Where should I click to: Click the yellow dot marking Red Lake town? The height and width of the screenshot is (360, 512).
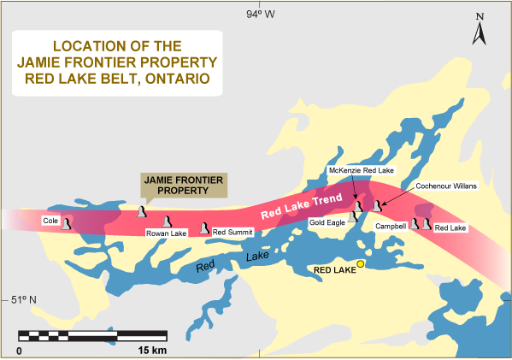(360, 264)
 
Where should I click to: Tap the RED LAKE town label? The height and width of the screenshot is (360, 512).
(333, 269)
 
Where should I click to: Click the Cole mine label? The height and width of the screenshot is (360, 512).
(51, 221)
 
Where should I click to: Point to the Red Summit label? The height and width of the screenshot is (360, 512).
(232, 232)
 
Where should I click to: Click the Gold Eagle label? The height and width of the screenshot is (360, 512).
(328, 223)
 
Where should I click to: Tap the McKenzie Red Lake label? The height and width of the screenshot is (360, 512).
(362, 171)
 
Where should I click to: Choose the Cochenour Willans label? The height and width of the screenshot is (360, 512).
(445, 186)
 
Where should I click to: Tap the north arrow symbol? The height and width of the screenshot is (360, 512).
(481, 32)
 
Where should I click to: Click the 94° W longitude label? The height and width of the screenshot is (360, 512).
(257, 14)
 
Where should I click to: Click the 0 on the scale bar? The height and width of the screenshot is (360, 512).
(19, 351)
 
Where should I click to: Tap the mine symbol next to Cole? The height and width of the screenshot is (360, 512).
(68, 221)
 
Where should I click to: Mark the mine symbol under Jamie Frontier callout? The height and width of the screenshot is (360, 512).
(142, 210)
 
